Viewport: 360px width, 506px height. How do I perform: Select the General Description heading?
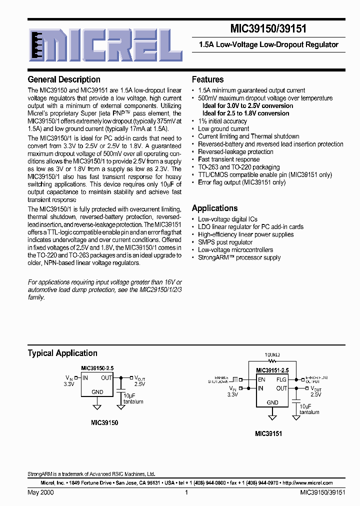[64, 79]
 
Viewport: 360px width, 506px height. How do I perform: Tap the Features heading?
[207, 79]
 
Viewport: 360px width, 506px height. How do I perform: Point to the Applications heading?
[214, 208]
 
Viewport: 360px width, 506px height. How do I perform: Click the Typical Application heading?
[62, 353]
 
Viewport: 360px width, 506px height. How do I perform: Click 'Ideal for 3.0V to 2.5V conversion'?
[247, 106]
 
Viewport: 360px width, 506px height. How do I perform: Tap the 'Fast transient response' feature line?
[228, 159]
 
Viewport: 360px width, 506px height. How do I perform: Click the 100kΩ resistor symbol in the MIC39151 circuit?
[272, 360]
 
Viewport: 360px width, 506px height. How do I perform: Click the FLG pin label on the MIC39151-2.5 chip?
[281, 379]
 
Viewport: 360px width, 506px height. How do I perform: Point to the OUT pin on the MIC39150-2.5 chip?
[106, 378]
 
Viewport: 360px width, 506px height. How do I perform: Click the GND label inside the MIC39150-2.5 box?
[97, 392]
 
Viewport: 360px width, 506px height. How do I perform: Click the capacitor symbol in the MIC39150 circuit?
[120, 386]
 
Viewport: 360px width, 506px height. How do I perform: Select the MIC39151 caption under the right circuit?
[268, 434]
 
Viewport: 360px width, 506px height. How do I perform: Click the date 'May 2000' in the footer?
[41, 492]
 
